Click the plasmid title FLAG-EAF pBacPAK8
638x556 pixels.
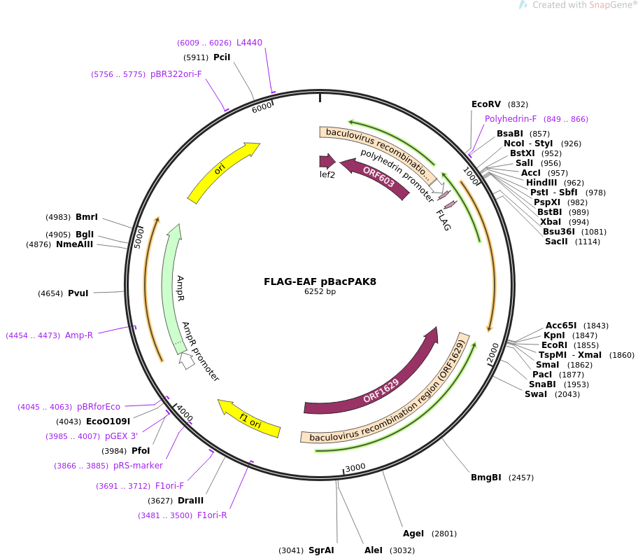coord(320,282)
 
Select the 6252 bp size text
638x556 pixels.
coord(320,292)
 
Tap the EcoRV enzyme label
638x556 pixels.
coord(485,104)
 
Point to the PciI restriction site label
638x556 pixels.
coord(222,57)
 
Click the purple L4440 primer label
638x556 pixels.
coord(249,43)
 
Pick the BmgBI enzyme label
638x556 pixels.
coord(485,478)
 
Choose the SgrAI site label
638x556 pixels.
coord(321,550)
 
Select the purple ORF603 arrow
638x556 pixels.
coord(378,179)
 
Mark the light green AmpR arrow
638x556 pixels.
coord(170,287)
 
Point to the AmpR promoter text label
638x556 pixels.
coord(201,352)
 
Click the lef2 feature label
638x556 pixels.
coord(327,174)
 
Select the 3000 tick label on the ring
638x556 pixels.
coord(355,467)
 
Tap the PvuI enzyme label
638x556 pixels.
coord(78,293)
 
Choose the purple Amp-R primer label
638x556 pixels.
coord(79,335)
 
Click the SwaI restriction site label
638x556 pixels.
coord(536,394)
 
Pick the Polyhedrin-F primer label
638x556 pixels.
coord(511,119)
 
